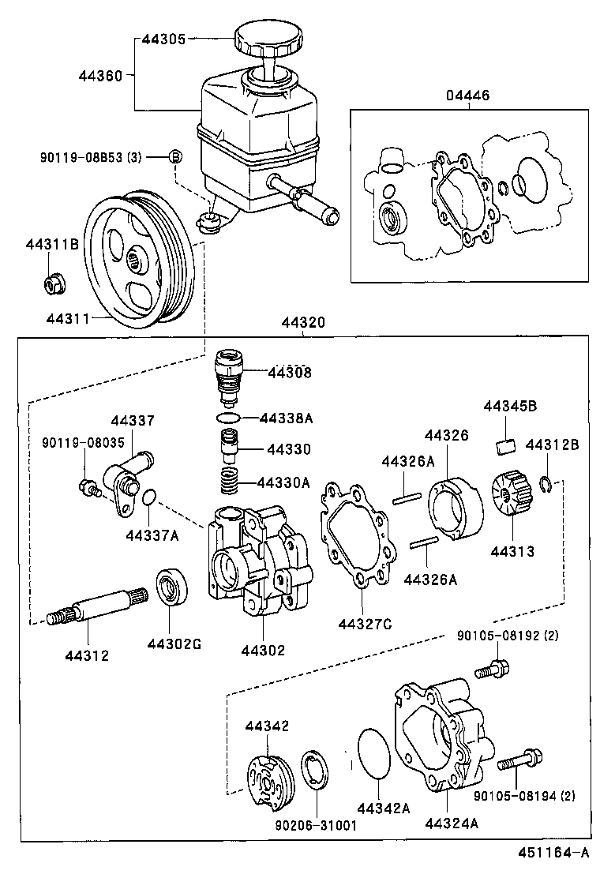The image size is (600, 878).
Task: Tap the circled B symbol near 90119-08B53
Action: tap(176, 156)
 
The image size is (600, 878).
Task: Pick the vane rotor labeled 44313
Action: tap(509, 493)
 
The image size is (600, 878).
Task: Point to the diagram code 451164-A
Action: tap(553, 853)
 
